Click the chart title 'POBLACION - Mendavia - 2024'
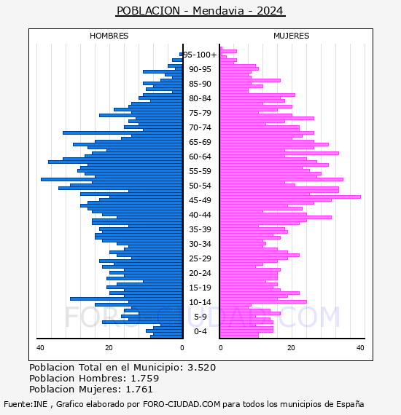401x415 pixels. coord(200,11)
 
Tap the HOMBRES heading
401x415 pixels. coord(109,36)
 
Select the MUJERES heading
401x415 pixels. coord(292,36)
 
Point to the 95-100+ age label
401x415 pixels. coord(200,55)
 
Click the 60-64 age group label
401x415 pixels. coord(200,157)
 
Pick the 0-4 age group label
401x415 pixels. coord(200,331)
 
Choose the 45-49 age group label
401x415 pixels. coord(200,200)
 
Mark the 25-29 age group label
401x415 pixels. coord(200,258)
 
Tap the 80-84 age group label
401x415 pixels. coord(200,98)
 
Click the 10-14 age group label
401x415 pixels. coord(200,302)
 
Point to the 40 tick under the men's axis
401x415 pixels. coord(40,348)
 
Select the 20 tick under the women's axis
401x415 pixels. coord(291,348)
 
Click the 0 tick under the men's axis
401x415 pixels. coord(182,348)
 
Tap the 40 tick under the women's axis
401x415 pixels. coord(360,348)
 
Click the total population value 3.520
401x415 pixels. coord(202,368)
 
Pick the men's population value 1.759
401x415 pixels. coord(145,378)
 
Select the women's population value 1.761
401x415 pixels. coord(139,390)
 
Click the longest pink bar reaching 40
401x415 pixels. coord(290,197)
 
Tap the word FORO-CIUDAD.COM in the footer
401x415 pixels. coord(182,404)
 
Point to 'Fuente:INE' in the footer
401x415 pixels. coord(26,404)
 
